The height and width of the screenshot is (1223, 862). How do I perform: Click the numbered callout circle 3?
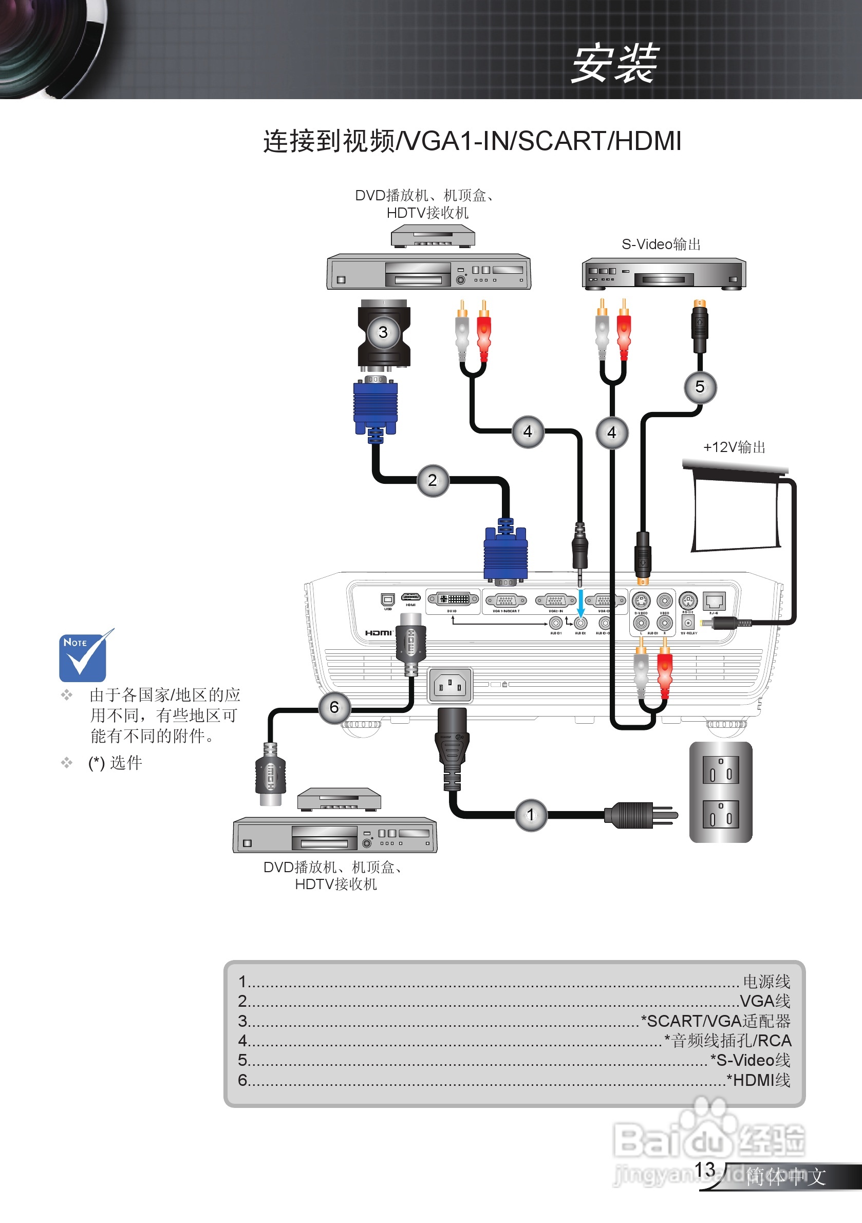(383, 333)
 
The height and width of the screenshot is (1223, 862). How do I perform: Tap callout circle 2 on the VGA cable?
(433, 480)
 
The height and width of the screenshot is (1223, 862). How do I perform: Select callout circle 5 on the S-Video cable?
(700, 387)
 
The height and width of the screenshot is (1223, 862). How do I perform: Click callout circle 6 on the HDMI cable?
(334, 707)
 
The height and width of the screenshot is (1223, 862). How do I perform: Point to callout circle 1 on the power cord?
(531, 815)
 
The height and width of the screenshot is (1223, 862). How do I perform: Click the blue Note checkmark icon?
(83, 656)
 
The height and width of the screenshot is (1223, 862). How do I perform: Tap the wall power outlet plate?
(720, 792)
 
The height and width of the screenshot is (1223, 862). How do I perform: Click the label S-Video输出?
(661, 244)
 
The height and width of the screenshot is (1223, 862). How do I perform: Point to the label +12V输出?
(734, 447)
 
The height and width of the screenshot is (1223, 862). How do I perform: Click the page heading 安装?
(614, 64)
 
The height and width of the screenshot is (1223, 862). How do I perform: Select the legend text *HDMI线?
(758, 1080)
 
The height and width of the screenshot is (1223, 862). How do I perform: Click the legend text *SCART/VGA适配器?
(716, 1021)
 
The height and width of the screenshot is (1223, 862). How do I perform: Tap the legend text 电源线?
(766, 981)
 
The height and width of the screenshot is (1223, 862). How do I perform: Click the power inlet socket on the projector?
(449, 685)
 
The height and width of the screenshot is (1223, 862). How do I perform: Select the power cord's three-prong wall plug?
(639, 815)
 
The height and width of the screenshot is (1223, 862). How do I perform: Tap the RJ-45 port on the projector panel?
(714, 601)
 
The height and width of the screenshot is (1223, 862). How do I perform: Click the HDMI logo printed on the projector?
(378, 633)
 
